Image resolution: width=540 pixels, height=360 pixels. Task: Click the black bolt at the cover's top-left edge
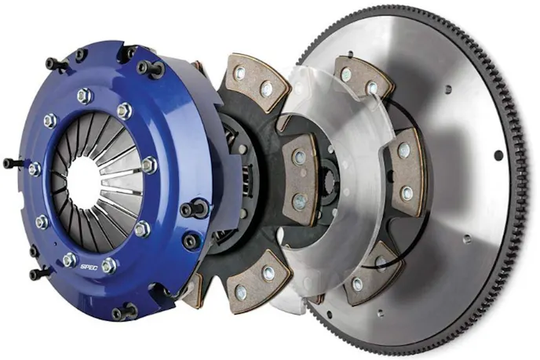click(54, 63)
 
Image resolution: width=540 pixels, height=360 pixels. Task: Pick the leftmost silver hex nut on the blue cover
click(34, 169)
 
